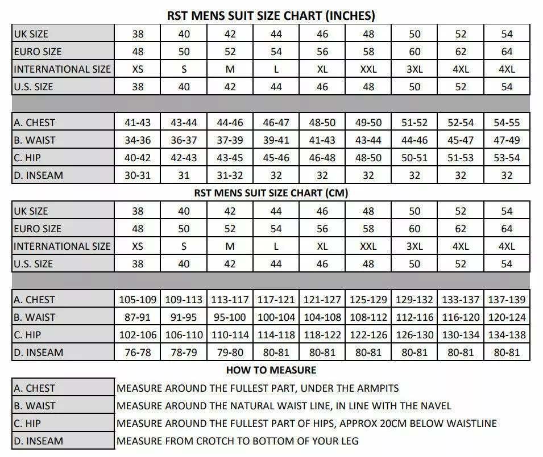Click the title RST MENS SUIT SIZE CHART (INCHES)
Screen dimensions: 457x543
click(x=271, y=16)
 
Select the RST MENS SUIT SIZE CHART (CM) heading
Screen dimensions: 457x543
click(x=271, y=193)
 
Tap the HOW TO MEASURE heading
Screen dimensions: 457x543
click(x=271, y=370)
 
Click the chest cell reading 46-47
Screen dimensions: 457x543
click(x=276, y=122)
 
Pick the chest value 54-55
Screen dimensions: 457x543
click(x=507, y=122)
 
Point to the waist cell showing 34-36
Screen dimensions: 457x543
click(x=138, y=140)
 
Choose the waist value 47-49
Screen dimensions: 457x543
click(x=507, y=140)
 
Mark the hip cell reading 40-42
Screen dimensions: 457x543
click(x=138, y=157)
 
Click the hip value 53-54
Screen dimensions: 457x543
click(x=507, y=157)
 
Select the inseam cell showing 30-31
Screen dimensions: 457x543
click(x=138, y=175)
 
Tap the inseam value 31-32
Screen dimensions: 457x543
click(x=230, y=175)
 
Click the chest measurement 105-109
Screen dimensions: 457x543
click(x=138, y=299)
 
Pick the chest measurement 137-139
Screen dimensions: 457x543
click(x=507, y=299)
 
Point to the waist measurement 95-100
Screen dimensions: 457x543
click(x=230, y=317)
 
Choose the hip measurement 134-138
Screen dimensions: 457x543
click(x=507, y=335)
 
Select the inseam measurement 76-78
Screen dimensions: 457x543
click(x=138, y=353)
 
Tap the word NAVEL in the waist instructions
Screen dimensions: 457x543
click(x=435, y=406)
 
